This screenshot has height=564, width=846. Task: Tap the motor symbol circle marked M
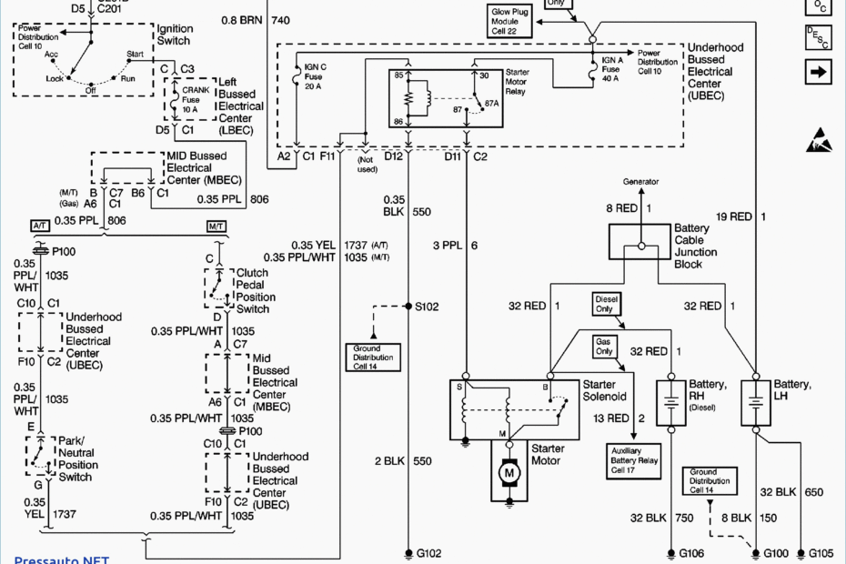(510, 472)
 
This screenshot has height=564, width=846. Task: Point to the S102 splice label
(427, 307)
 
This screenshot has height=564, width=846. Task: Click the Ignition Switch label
(174, 35)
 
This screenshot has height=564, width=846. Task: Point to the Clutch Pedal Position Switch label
(256, 291)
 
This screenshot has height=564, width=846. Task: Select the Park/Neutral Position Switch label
(76, 458)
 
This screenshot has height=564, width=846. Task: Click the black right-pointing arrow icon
(819, 70)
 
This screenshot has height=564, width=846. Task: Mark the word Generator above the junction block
(641, 182)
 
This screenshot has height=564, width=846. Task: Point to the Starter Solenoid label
(605, 390)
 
